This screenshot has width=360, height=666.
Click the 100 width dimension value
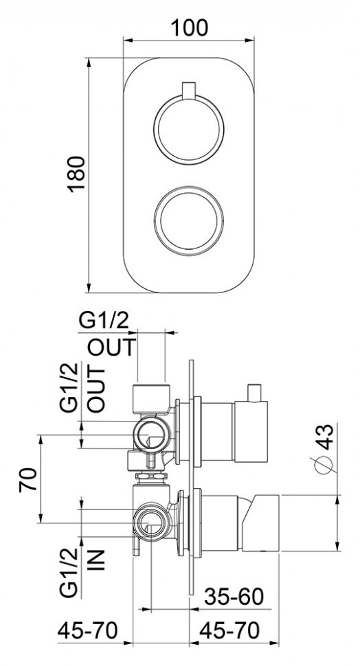[189, 27]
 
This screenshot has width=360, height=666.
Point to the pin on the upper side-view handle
[256, 392]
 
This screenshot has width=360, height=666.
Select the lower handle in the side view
[261, 522]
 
